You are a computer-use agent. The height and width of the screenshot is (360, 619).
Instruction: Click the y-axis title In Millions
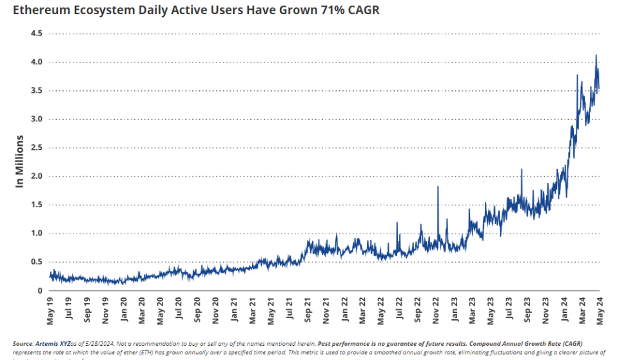pyautogui.click(x=19, y=161)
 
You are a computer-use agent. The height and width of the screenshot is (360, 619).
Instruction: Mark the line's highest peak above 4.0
pyautogui.click(x=596, y=55)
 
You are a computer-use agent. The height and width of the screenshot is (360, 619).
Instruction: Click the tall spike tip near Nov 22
pyautogui.click(x=438, y=186)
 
